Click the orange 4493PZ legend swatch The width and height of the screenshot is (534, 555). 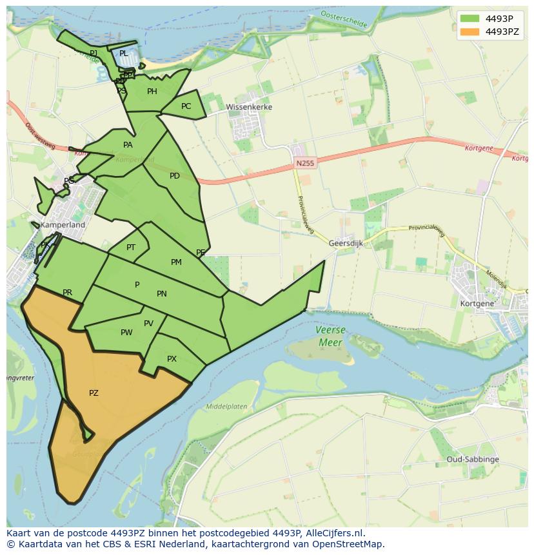[x=470, y=32]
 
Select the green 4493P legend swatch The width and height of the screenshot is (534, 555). [x=470, y=19]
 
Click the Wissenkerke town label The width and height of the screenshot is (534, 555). [x=249, y=107]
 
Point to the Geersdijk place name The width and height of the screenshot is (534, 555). [x=347, y=244]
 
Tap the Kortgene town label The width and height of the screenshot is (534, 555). [x=477, y=303]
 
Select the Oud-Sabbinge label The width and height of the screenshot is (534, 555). [x=472, y=460]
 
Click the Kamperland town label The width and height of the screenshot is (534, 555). [x=63, y=225]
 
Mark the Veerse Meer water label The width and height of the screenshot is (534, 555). [x=330, y=336]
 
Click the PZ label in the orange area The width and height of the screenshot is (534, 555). [x=94, y=393]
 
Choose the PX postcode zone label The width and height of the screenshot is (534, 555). [x=172, y=359]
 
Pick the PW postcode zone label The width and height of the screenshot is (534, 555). [x=126, y=333]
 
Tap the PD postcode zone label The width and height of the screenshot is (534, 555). [x=175, y=176]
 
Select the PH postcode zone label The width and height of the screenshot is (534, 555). [x=152, y=92]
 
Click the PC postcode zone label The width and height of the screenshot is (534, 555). [x=186, y=106]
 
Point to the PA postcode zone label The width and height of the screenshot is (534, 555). [x=128, y=145]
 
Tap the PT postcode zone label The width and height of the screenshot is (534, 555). [x=131, y=248]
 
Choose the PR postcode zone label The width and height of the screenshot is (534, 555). [x=67, y=293]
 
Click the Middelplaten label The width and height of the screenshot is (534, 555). [x=226, y=407]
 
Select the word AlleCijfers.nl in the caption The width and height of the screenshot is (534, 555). [x=335, y=533]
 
